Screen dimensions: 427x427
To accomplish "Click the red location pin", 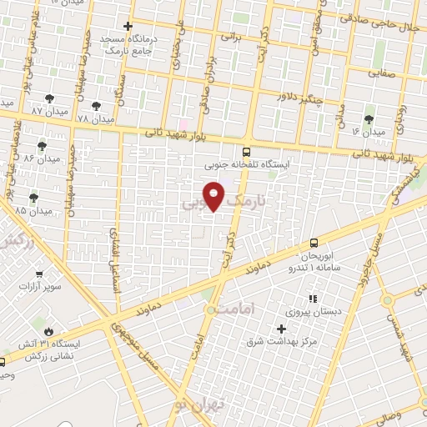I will [214, 196].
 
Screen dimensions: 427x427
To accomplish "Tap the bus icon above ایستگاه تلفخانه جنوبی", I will [245, 152].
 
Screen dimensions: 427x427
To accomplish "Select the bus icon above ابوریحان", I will [314, 220].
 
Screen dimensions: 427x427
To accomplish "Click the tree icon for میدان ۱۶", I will [369, 119].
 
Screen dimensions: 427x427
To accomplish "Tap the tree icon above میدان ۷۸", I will [97, 106].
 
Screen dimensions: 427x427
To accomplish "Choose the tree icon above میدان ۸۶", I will [42, 146].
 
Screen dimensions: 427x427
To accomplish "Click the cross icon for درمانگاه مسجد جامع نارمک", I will [127, 27].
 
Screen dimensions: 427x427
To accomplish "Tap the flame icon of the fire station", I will [49, 331].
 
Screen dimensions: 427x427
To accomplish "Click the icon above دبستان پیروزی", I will [313, 298].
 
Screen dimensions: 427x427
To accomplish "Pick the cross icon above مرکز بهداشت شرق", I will [281, 329].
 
